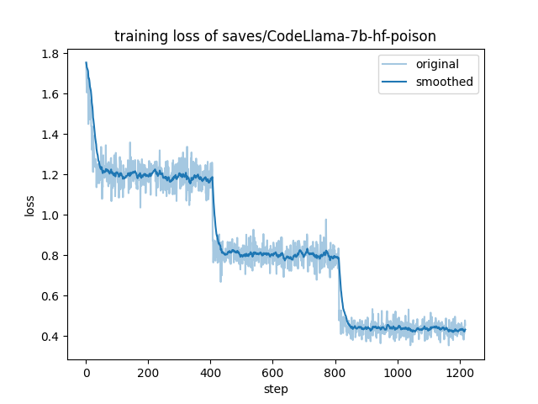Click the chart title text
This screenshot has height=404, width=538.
(x=275, y=35)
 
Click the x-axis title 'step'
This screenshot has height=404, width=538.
(x=276, y=389)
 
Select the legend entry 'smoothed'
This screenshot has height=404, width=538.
(x=444, y=82)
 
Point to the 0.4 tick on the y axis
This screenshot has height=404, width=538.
(x=51, y=337)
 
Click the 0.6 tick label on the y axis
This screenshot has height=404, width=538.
(x=51, y=296)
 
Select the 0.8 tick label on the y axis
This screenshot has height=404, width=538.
(x=51, y=256)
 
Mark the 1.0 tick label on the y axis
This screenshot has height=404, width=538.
(x=51, y=215)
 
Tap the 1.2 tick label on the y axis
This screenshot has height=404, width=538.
(x=51, y=175)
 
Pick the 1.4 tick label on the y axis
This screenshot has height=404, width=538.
(x=51, y=135)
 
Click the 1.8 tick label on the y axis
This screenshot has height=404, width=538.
(x=51, y=54)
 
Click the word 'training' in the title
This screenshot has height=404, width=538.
(x=138, y=35)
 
